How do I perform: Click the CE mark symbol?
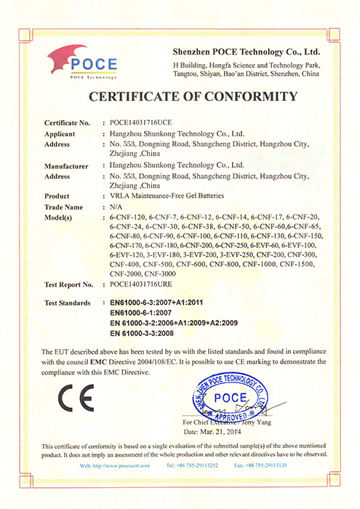(x=76, y=398)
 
